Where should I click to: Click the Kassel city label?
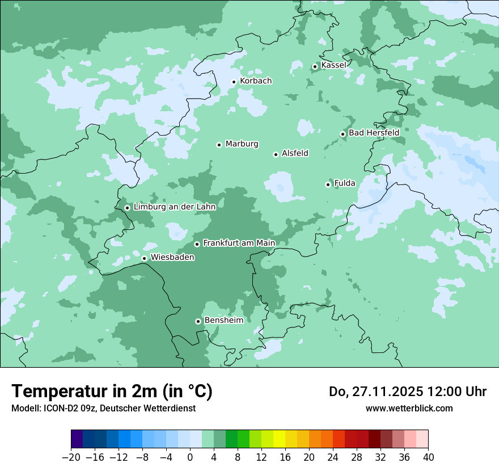click(x=333, y=65)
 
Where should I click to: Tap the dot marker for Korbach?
click(x=234, y=82)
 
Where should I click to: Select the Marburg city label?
click(x=242, y=144)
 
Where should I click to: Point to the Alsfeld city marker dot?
click(x=276, y=154)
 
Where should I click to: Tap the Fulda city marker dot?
click(x=328, y=184)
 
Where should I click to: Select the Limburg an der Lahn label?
click(x=174, y=207)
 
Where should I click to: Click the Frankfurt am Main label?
click(x=239, y=243)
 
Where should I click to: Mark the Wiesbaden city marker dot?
click(x=144, y=259)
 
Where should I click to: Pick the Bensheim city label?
click(x=223, y=321)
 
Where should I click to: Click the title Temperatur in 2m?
click(x=112, y=391)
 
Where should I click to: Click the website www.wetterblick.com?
click(x=409, y=408)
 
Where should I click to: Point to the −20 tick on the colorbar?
click(x=71, y=457)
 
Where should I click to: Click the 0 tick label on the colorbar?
click(x=190, y=457)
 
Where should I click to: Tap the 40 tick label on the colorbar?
click(x=428, y=457)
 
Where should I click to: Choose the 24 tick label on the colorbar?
click(x=333, y=457)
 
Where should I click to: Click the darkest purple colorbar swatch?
click(x=77, y=439)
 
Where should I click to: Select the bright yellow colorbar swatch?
click(x=279, y=439)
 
